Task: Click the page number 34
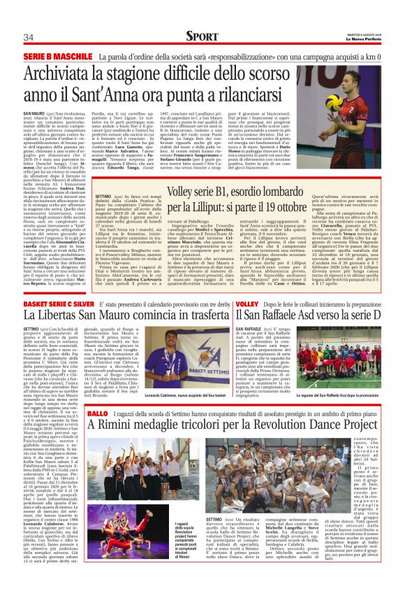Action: (x=29, y=36)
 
